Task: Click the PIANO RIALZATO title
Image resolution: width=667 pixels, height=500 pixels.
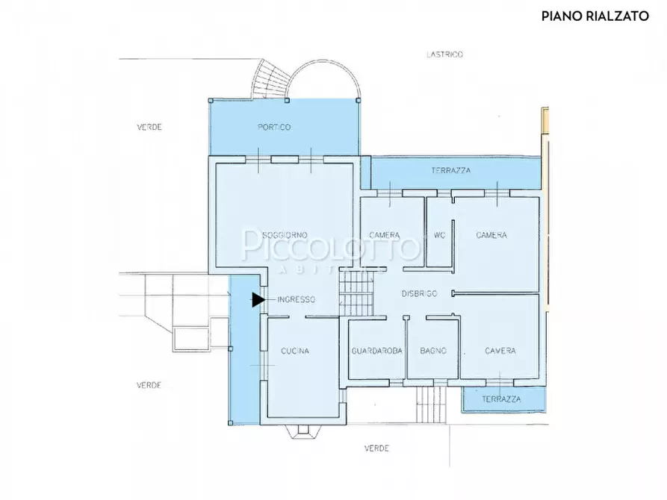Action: coord(595,16)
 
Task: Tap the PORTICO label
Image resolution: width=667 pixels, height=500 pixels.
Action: coord(274,127)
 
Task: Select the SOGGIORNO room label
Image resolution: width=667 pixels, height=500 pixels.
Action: coord(285,235)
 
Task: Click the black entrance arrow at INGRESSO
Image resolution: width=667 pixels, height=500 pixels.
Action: coord(258,300)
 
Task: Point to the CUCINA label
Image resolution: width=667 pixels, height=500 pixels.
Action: coord(295,351)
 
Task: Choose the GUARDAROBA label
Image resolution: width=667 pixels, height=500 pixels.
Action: coord(377,351)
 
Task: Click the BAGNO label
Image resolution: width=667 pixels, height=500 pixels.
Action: coord(433,351)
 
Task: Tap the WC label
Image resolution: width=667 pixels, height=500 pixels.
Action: coord(439,235)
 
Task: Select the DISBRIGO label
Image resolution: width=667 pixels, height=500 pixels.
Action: coord(420,294)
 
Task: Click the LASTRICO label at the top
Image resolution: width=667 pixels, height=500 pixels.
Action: coord(444,54)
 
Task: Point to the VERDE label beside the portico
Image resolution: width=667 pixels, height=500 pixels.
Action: coord(149,127)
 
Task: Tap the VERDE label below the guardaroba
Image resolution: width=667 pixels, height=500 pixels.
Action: coord(376,448)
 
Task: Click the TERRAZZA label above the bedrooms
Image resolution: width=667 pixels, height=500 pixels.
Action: coord(451,170)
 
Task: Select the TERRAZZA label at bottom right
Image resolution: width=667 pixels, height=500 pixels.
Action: coord(501,399)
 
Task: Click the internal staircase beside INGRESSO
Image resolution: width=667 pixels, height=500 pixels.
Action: coord(356,293)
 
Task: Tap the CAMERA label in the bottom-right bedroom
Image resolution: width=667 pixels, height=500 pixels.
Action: coord(500,351)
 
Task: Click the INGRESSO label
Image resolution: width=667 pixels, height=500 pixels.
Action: coord(296,300)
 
